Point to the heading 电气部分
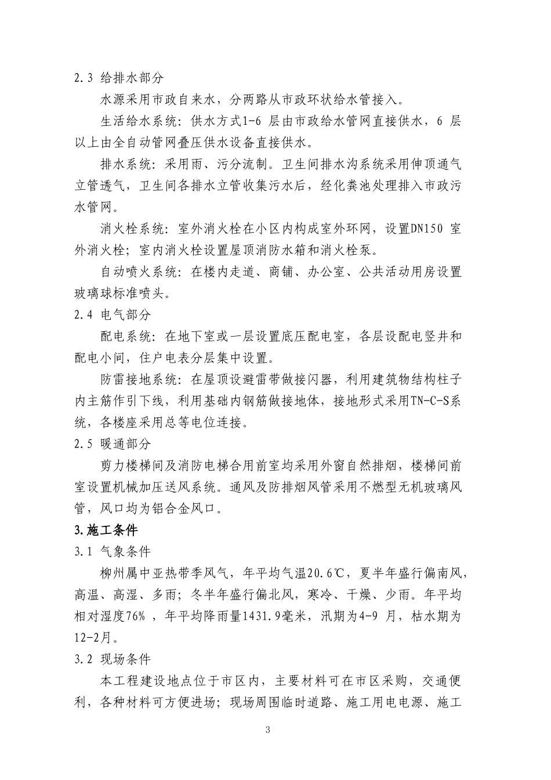pyautogui.click(x=126, y=315)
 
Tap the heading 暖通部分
pyautogui.click(x=126, y=444)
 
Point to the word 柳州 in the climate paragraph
pyautogui.click(x=111, y=573)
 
